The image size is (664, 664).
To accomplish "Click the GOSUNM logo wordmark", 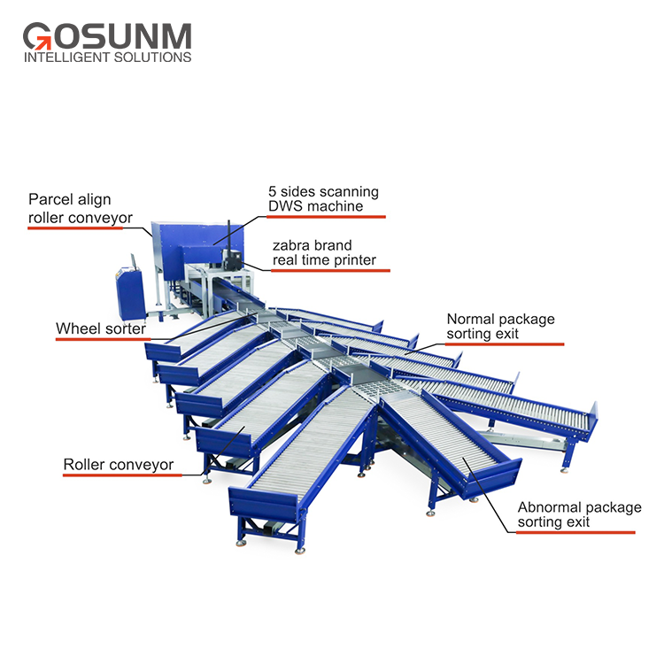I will pyautogui.click(x=106, y=36).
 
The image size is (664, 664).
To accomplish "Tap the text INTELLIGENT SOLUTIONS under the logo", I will pyautogui.click(x=106, y=58).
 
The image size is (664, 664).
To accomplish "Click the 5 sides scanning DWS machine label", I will pyautogui.click(x=323, y=199).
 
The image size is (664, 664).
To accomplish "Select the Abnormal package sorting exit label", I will pyautogui.click(x=579, y=514).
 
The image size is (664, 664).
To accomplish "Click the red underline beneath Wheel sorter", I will pyautogui.click(x=98, y=342).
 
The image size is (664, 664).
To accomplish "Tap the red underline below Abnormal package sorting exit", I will pyautogui.click(x=576, y=532).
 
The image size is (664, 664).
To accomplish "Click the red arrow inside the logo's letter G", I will pyautogui.click(x=42, y=40).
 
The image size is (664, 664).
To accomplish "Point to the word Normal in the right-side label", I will pyautogui.click(x=469, y=319).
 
